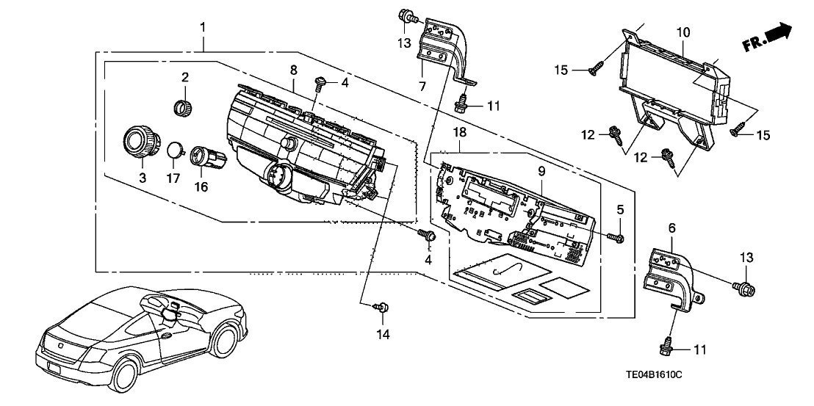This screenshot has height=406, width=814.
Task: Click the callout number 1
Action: pos(203,28)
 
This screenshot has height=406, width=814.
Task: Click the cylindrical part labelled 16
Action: pos(201,156)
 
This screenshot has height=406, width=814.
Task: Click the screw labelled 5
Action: pos(616,237)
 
